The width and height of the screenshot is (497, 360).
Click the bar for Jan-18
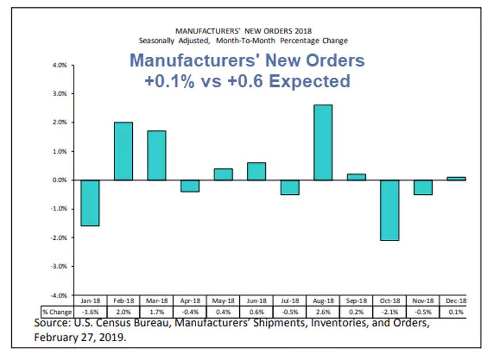90,202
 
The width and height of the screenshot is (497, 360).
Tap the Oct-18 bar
389,210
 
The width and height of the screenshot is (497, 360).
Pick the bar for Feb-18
123,151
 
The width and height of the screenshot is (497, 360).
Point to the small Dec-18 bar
456,179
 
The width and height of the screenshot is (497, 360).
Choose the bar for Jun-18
256,171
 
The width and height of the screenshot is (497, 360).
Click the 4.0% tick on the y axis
60,65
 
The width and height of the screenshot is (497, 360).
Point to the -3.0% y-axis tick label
59,266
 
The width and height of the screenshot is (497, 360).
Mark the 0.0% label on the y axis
60,180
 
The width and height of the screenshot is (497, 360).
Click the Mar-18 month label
156,300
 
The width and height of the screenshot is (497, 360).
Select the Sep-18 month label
355,300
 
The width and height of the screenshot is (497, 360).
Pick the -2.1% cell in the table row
389,311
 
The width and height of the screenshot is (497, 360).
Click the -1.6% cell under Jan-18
90,311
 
